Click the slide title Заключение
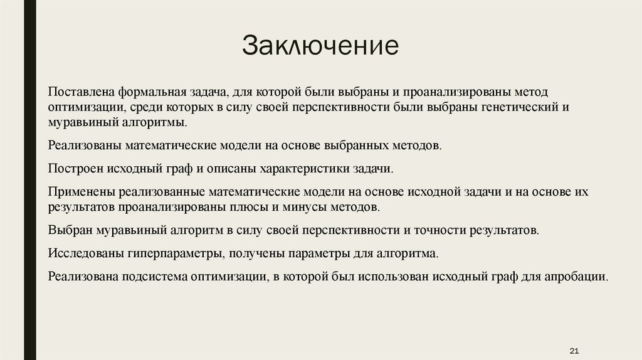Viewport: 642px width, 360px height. tap(320, 46)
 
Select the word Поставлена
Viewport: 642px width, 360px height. tap(80, 92)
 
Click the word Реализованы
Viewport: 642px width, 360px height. tap(83, 146)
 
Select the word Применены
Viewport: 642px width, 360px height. tap(78, 191)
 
